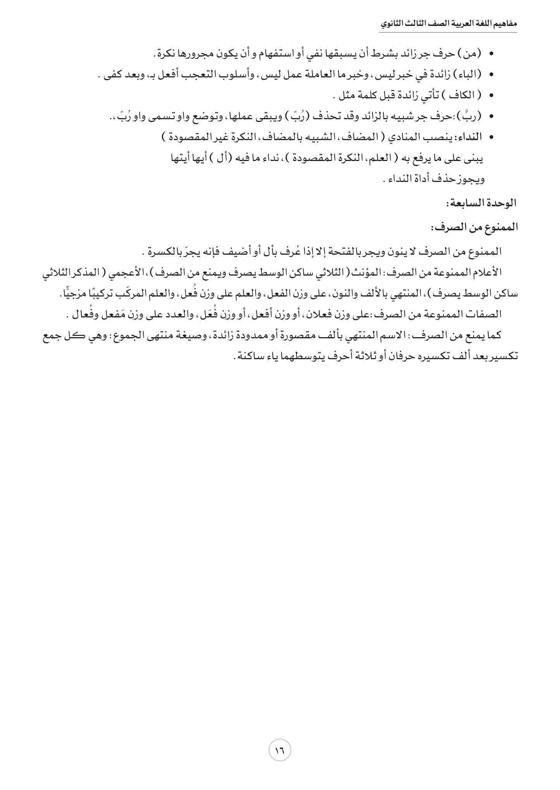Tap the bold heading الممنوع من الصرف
(x=474, y=227)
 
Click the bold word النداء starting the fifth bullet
(x=471, y=137)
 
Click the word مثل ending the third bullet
(x=346, y=95)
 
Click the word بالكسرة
(x=163, y=252)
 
